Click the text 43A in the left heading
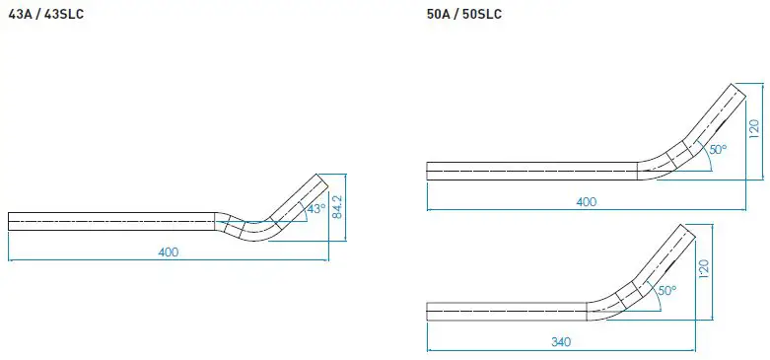click(20, 15)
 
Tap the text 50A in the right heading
click(439, 15)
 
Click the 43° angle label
click(315, 210)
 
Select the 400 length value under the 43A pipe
click(168, 252)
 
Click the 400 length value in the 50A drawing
click(587, 201)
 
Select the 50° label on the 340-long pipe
click(666, 291)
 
